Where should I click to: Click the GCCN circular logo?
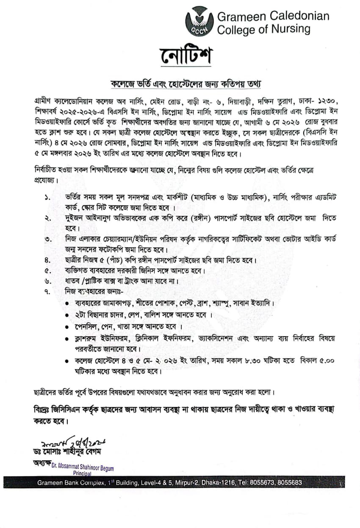pos(199,22)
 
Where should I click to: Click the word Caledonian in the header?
pos(296,16)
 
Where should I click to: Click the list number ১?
pos(47,197)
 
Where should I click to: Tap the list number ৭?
pos(47,292)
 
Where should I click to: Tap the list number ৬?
pos(47,281)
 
